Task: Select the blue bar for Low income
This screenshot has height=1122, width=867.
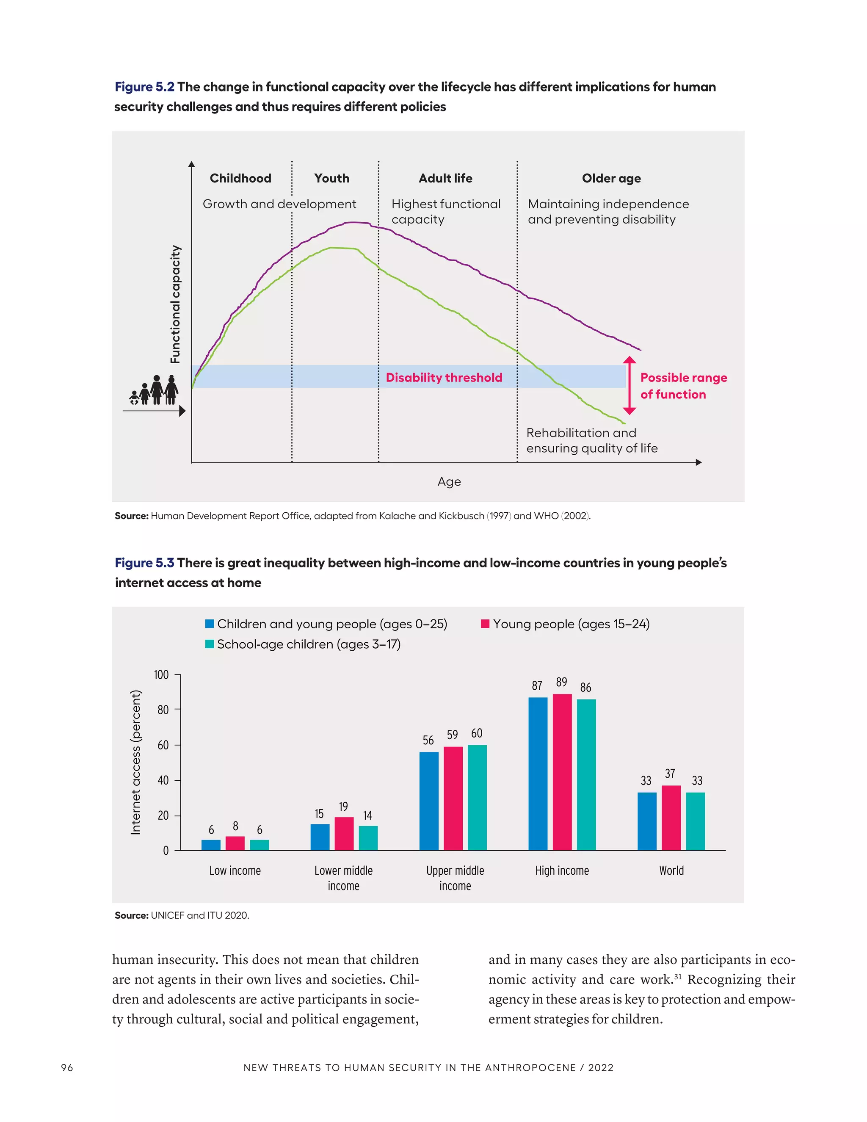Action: [210, 845]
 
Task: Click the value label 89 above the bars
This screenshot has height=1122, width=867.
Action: [561, 682]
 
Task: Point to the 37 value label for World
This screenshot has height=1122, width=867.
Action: [670, 773]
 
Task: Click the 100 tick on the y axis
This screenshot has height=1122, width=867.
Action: [161, 674]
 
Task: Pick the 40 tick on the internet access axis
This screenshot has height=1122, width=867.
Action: [163, 780]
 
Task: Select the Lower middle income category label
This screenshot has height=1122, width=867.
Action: [344, 878]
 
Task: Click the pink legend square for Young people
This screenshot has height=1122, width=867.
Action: [485, 624]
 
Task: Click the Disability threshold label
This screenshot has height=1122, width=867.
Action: [444, 378]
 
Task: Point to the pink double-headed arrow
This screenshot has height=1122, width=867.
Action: [629, 385]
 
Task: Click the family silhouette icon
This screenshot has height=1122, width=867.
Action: [154, 390]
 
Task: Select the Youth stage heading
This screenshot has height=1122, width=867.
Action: [332, 178]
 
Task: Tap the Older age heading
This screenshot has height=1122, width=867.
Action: [611, 178]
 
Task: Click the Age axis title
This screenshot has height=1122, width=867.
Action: [449, 481]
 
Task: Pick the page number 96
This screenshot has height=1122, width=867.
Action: [67, 1067]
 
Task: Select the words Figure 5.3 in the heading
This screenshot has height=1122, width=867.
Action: [144, 563]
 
